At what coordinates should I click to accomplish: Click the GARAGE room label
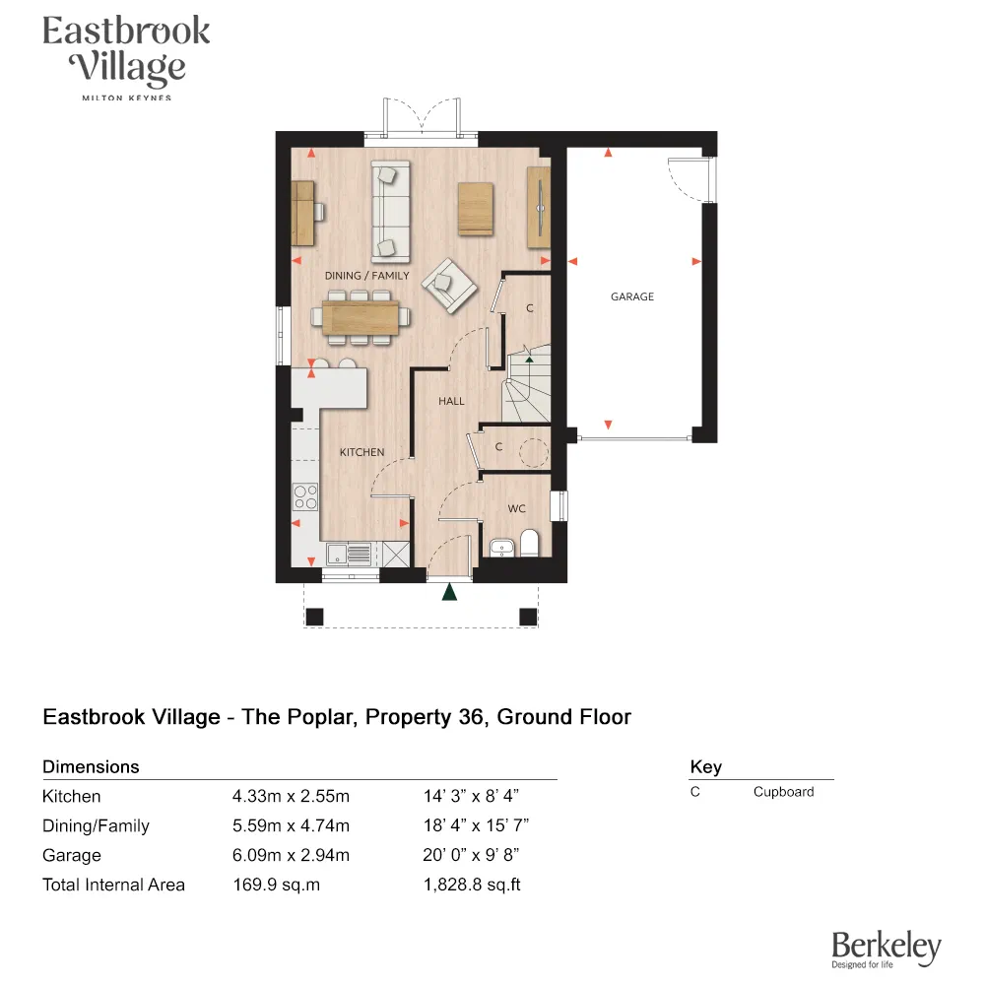631,296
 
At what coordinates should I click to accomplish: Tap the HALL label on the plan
451,401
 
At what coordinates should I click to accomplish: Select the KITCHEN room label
361,452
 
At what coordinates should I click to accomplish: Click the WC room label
516,509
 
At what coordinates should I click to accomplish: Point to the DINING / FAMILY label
366,276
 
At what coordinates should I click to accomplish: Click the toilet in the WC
529,543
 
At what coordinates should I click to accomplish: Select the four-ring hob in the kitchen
306,495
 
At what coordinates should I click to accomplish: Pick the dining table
360,317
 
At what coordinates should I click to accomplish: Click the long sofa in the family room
390,210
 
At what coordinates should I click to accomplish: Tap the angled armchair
448,286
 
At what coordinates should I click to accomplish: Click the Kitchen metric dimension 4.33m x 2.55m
291,796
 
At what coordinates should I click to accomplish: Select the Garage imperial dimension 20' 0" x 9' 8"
478,855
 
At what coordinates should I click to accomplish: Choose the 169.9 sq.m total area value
276,885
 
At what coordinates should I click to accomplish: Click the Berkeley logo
886,949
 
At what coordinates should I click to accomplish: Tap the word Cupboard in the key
783,792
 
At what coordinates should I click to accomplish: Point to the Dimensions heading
91,766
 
